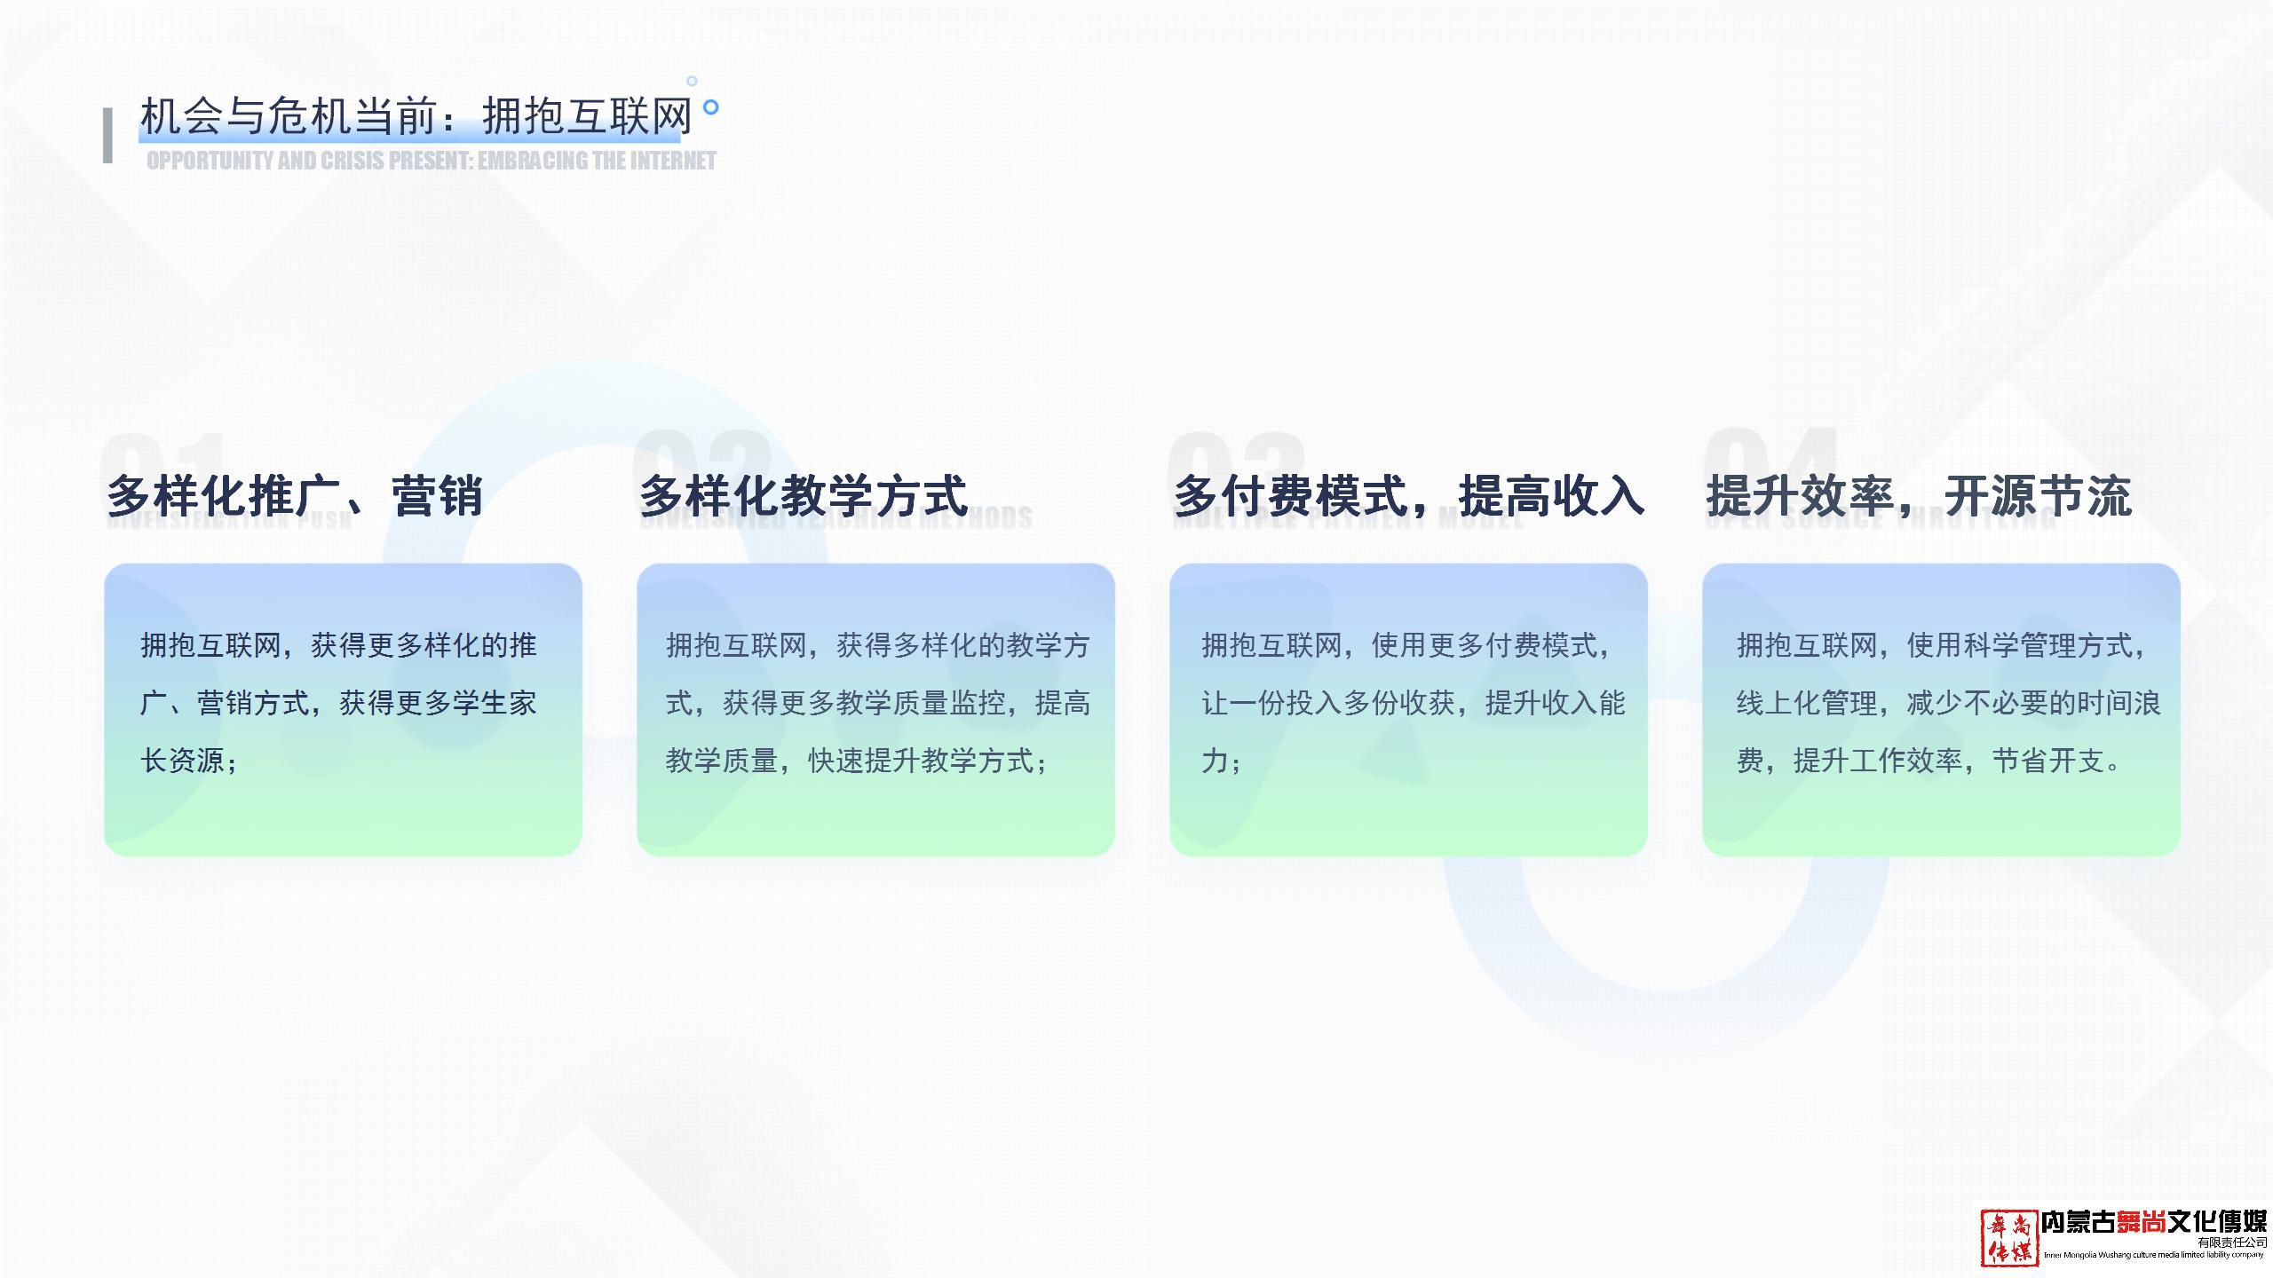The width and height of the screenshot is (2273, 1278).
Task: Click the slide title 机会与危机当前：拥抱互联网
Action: pos(416,116)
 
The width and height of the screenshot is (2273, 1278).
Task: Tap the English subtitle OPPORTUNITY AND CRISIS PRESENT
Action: pos(432,161)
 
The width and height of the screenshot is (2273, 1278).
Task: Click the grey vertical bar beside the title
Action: pos(108,136)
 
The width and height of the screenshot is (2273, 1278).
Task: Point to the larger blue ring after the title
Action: pos(710,107)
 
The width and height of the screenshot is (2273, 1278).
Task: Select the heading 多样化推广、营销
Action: pos(295,495)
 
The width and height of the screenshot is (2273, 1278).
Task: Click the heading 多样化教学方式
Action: pos(803,495)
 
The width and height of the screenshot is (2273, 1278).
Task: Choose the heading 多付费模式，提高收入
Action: pos(1408,495)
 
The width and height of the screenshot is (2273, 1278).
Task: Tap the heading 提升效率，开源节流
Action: pos(1918,495)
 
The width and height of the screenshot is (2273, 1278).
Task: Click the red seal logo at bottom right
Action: pos(2009,1237)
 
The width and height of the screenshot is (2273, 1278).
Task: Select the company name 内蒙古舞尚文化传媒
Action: pos(2153,1222)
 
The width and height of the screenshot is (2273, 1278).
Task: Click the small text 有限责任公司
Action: pos(2232,1242)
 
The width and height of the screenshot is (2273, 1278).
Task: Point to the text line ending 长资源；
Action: pos(189,761)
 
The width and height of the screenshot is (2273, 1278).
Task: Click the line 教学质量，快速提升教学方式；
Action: pos(857,761)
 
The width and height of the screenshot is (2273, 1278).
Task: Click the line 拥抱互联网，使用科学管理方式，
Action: pos(1941,645)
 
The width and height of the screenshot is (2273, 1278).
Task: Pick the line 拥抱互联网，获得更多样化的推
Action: pos(338,645)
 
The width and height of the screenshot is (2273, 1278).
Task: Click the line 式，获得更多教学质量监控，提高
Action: pos(878,703)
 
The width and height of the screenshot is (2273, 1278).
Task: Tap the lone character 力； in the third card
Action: pos(1221,761)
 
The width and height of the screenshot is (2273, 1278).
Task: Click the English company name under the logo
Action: pos(2153,1255)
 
